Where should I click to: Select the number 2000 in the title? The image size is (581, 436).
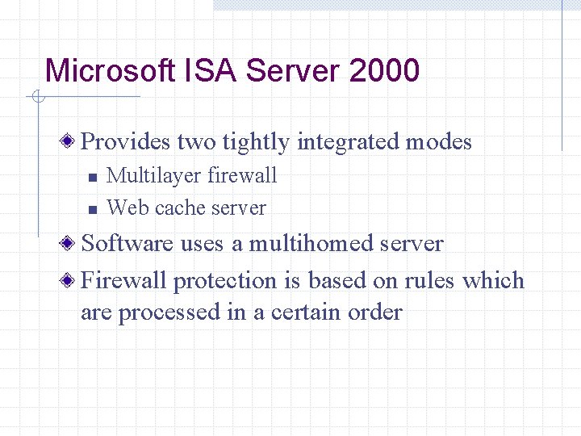click(x=385, y=71)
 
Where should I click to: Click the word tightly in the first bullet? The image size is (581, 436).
click(x=256, y=142)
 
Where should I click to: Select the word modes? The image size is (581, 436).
click(x=438, y=142)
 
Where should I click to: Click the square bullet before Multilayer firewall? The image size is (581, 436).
click(x=92, y=176)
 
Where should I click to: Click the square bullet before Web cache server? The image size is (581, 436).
click(x=92, y=209)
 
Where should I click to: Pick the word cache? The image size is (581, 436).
click(x=180, y=208)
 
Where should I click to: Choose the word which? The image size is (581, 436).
click(x=494, y=280)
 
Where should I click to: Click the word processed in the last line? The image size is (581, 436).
click(x=169, y=312)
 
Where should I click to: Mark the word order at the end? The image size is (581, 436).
click(x=374, y=312)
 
